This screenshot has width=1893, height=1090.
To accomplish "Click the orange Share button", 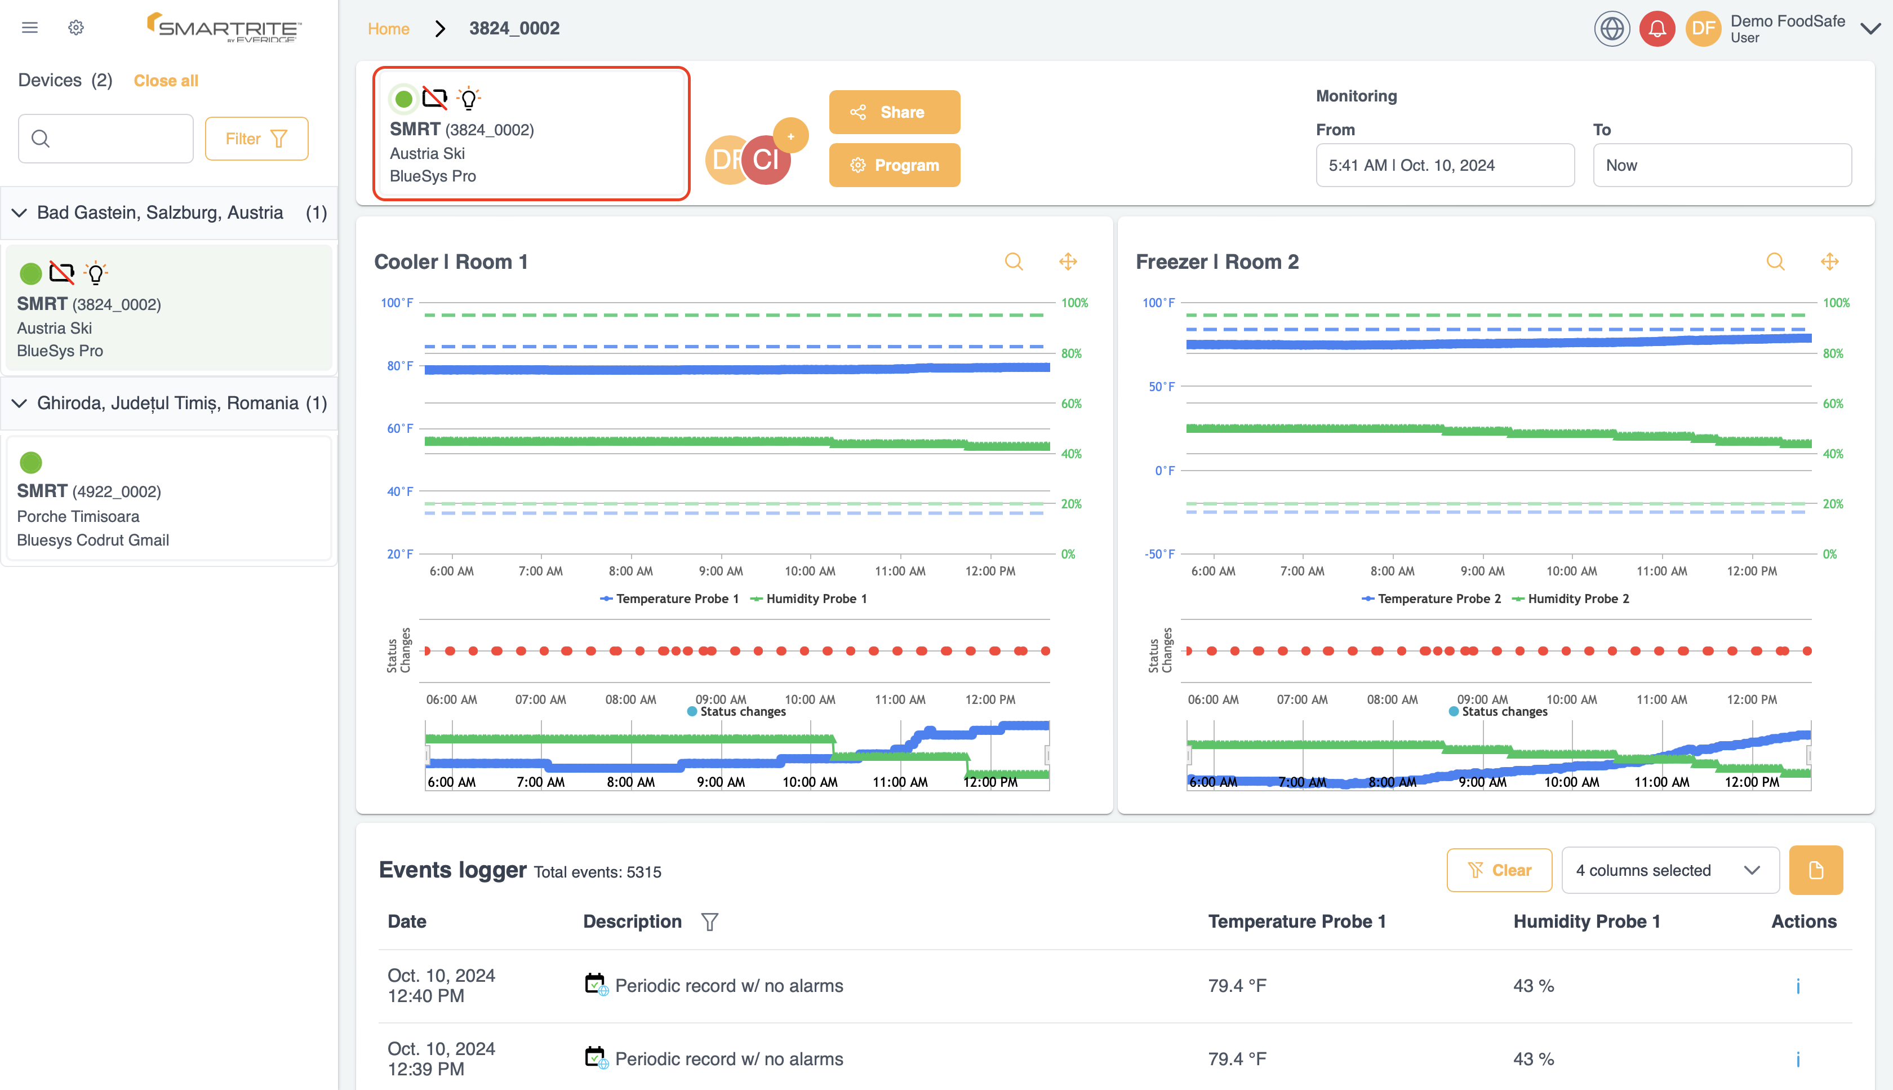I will (x=894, y=112).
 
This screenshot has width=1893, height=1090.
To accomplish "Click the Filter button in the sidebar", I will (x=256, y=139).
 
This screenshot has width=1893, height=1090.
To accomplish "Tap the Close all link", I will (x=166, y=81).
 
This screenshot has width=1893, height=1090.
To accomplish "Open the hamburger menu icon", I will (x=30, y=28).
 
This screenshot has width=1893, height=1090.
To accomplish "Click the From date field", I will (x=1444, y=166).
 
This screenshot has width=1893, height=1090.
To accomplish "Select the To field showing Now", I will (x=1721, y=166).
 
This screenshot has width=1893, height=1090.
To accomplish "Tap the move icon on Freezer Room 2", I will (x=1829, y=262).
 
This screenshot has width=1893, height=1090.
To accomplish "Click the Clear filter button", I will (x=1499, y=870).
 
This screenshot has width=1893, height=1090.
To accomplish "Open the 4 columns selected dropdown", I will (x=1669, y=870).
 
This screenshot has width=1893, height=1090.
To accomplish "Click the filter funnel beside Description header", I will (x=709, y=921).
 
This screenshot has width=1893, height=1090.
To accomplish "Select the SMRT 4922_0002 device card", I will (x=168, y=499).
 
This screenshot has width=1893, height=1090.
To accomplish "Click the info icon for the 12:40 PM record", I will (x=1797, y=986).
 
